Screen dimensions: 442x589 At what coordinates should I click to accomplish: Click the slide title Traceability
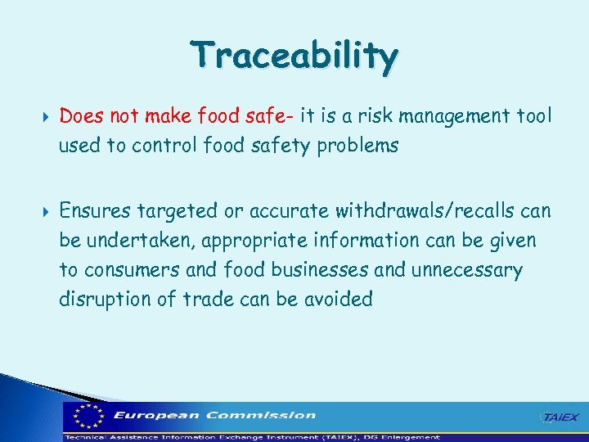pyautogui.click(x=294, y=56)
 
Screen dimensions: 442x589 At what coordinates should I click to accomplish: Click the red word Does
pyautogui.click(x=80, y=116)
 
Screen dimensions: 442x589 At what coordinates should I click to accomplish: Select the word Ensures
pyautogui.click(x=94, y=211)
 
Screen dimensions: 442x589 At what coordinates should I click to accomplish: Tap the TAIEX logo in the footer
pyautogui.click(x=560, y=417)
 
